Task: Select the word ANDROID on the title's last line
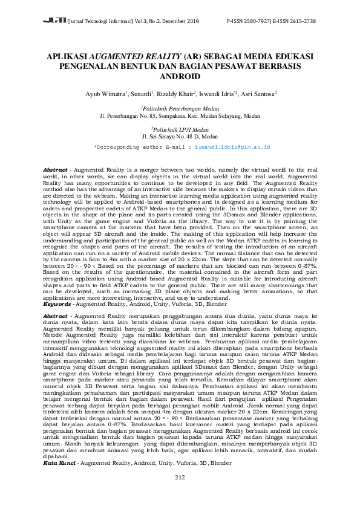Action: (180, 77)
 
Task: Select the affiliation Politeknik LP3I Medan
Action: (180, 129)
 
